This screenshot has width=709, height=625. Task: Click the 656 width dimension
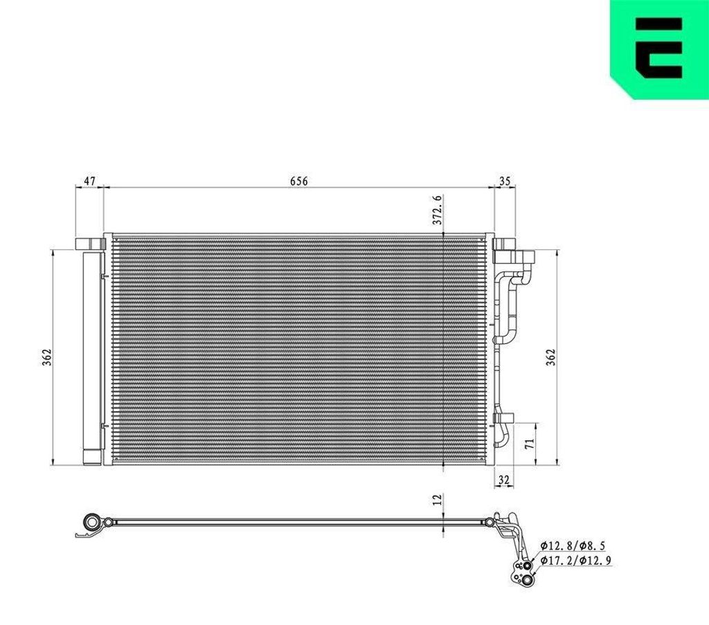298,181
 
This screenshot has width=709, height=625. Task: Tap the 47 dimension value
90,181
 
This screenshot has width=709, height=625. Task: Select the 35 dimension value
505,181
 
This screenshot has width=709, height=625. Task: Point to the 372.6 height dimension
437,210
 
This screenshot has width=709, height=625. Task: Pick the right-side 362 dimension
550,357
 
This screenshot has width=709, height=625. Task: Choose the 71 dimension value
530,443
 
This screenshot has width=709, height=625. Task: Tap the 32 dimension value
504,480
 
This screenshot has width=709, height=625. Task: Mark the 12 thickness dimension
437,499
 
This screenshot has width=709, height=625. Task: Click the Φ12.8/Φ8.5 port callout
573,546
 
